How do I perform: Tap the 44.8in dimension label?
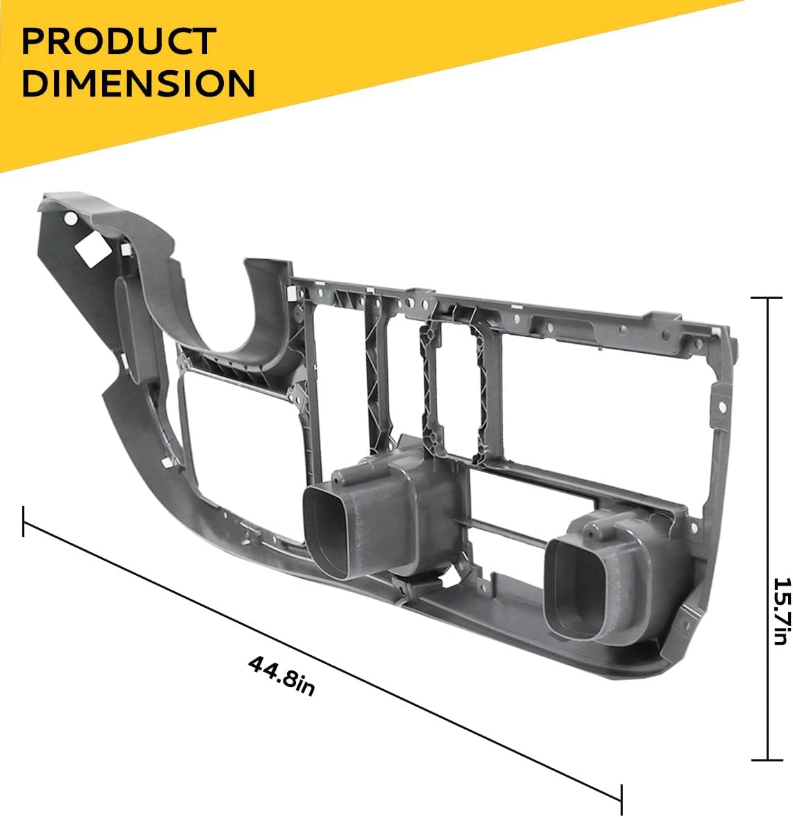[281, 676]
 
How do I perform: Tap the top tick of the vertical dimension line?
[767, 297]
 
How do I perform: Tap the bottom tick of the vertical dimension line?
[767, 759]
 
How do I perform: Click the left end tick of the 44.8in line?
[24, 521]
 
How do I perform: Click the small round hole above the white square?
[70, 218]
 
